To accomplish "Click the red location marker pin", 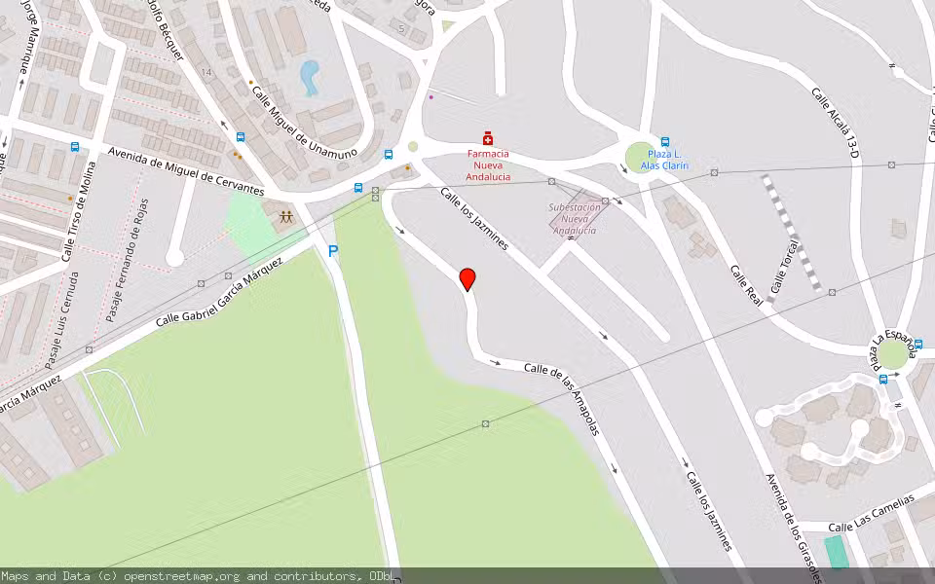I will [x=467, y=278].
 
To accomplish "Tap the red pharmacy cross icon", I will [x=488, y=139].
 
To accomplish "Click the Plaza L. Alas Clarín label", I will [x=664, y=161].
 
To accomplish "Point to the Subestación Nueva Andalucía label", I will [x=575, y=219].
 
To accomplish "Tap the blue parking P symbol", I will [x=333, y=251].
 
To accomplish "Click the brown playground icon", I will [x=286, y=218].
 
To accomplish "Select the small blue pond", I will [x=310, y=77].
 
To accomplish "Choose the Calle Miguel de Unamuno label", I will [x=304, y=123].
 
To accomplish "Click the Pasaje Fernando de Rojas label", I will [x=129, y=260].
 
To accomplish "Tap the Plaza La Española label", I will [x=894, y=348].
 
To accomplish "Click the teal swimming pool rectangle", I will [x=836, y=552].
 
